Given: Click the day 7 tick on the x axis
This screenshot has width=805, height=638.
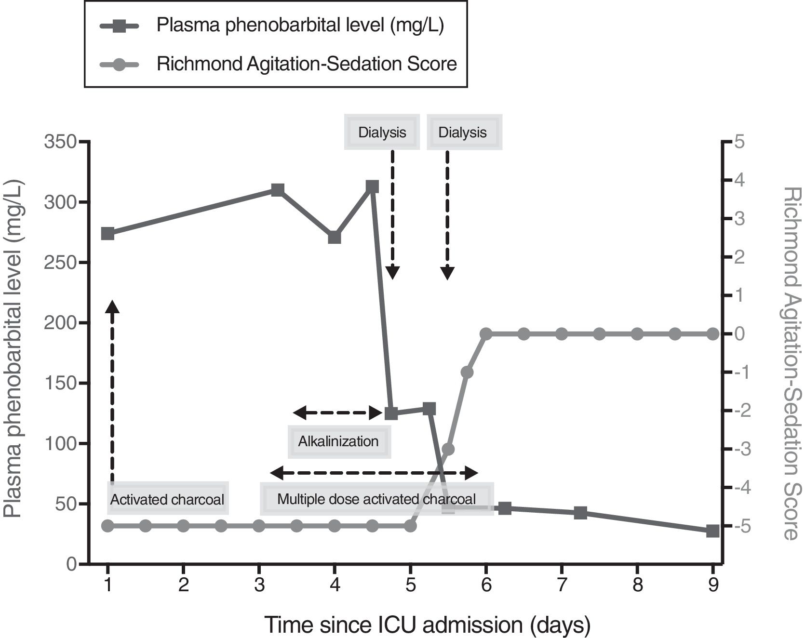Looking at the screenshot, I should [x=562, y=585].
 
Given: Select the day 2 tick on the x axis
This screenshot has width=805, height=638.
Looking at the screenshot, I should [x=184, y=585].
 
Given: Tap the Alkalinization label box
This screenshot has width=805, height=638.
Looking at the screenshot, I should [x=338, y=441].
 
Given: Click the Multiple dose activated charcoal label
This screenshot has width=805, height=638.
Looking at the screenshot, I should [x=376, y=499].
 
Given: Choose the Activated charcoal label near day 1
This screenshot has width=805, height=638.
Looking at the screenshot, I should [x=167, y=499].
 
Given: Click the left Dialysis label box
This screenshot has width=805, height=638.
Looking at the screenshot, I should [x=382, y=132].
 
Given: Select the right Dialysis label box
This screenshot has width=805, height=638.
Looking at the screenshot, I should [x=463, y=132].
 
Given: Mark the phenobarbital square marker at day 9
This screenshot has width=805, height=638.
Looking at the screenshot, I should [x=712, y=531].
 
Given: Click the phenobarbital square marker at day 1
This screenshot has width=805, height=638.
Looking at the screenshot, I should [x=108, y=234].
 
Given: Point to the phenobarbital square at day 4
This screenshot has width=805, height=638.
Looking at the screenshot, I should [x=335, y=238].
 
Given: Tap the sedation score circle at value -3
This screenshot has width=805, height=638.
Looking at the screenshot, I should [x=448, y=449].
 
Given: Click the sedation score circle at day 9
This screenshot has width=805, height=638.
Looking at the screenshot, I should [x=713, y=333].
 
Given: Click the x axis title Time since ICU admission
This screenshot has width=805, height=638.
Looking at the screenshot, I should [x=427, y=625].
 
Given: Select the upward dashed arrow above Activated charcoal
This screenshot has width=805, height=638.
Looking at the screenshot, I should [x=112, y=390].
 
